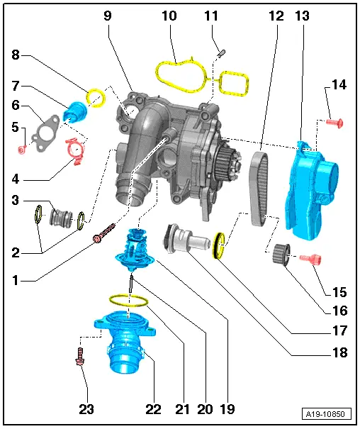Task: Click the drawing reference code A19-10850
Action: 328,414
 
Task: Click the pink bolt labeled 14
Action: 335,123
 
